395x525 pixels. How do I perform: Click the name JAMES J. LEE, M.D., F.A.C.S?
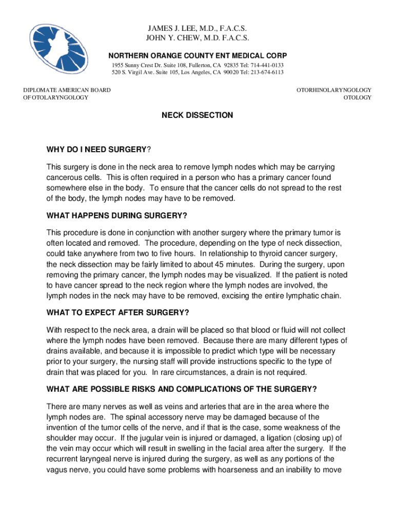click(197, 28)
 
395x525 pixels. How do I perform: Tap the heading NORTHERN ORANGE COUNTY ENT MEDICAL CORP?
click(197, 55)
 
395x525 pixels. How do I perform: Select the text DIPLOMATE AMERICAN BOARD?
click(67, 90)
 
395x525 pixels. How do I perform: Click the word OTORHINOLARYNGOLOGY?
click(334, 90)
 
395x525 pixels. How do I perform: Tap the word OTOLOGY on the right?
click(357, 97)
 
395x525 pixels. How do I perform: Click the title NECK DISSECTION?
click(197, 115)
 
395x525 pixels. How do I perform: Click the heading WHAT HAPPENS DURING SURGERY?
click(116, 214)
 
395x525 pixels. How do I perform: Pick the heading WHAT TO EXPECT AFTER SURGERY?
click(117, 313)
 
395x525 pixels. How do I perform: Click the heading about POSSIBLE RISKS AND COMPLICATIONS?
click(181, 388)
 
